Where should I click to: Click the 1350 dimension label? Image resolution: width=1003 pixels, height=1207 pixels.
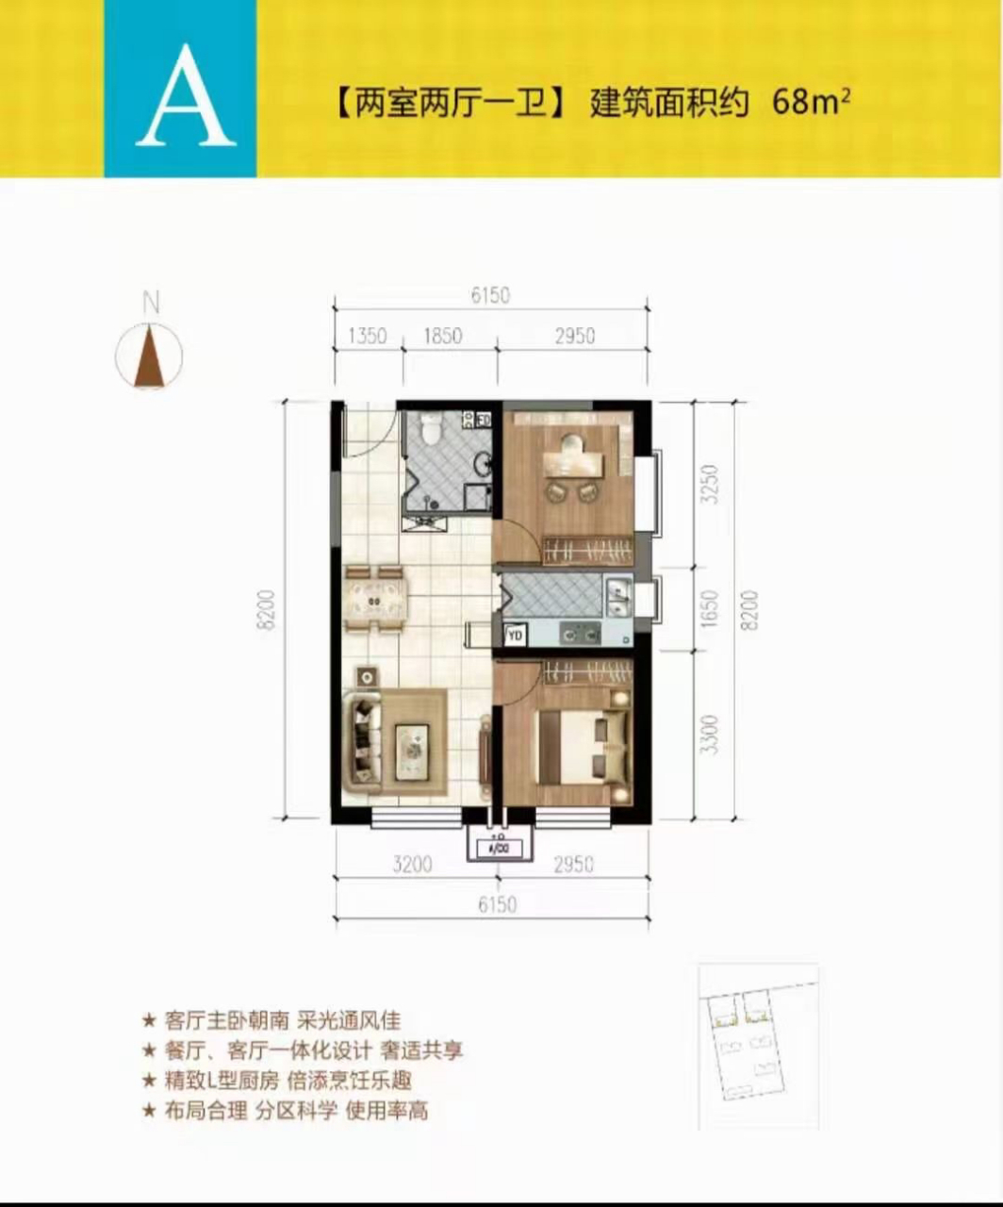pyautogui.click(x=367, y=335)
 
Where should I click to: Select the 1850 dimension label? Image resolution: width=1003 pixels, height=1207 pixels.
pyautogui.click(x=443, y=335)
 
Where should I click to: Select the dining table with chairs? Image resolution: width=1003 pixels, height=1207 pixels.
pyautogui.click(x=375, y=598)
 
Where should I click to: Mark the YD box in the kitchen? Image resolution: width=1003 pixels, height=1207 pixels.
pyautogui.click(x=516, y=636)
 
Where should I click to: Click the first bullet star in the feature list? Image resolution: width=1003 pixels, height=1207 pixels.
pyautogui.click(x=148, y=1020)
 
